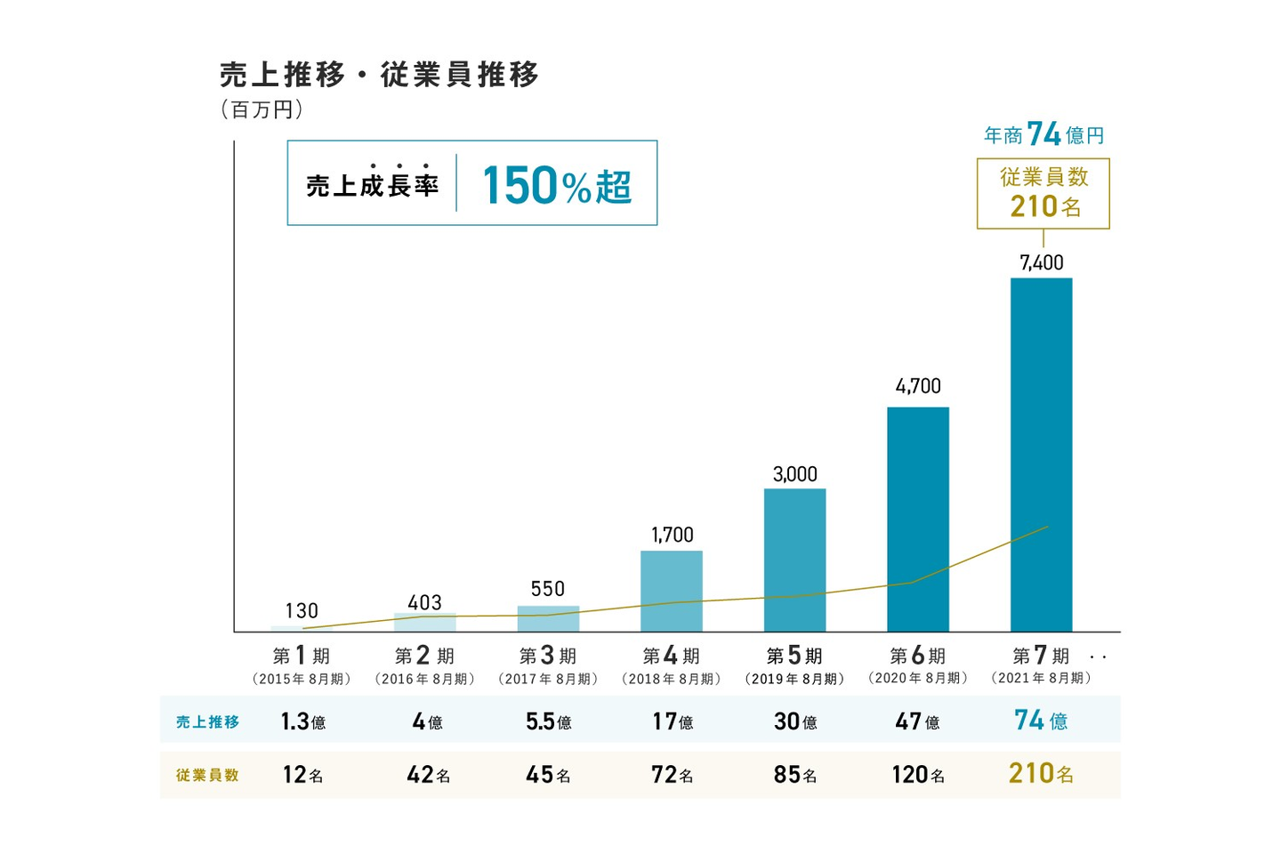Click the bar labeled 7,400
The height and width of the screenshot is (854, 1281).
[1041, 454]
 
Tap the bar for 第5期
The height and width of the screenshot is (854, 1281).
[794, 560]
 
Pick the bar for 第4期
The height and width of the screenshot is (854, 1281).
[672, 591]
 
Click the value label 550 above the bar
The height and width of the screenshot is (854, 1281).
[548, 589]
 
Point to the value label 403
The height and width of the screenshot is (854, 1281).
[424, 602]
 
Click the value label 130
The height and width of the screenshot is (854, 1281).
[302, 611]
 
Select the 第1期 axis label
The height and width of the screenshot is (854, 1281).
[302, 657]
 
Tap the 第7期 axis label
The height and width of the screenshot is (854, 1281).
[1041, 657]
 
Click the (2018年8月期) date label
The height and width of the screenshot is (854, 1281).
[672, 679]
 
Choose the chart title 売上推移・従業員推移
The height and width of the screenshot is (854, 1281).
[380, 75]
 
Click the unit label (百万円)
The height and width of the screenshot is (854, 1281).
[262, 110]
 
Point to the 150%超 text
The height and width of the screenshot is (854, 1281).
[557, 186]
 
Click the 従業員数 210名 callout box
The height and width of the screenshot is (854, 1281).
[1043, 193]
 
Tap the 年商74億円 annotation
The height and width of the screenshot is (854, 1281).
[1043, 134]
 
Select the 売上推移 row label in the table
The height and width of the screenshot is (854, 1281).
[207, 721]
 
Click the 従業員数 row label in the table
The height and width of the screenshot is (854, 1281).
[207, 775]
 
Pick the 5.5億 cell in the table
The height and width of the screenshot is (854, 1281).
[548, 721]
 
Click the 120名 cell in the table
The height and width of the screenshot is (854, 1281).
[917, 775]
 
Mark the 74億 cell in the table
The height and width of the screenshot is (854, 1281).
[1041, 721]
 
